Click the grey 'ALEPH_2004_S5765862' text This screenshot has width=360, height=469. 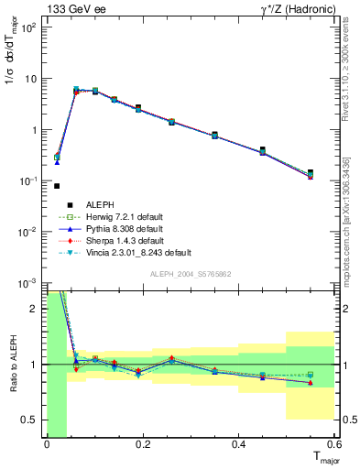(191, 274)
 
